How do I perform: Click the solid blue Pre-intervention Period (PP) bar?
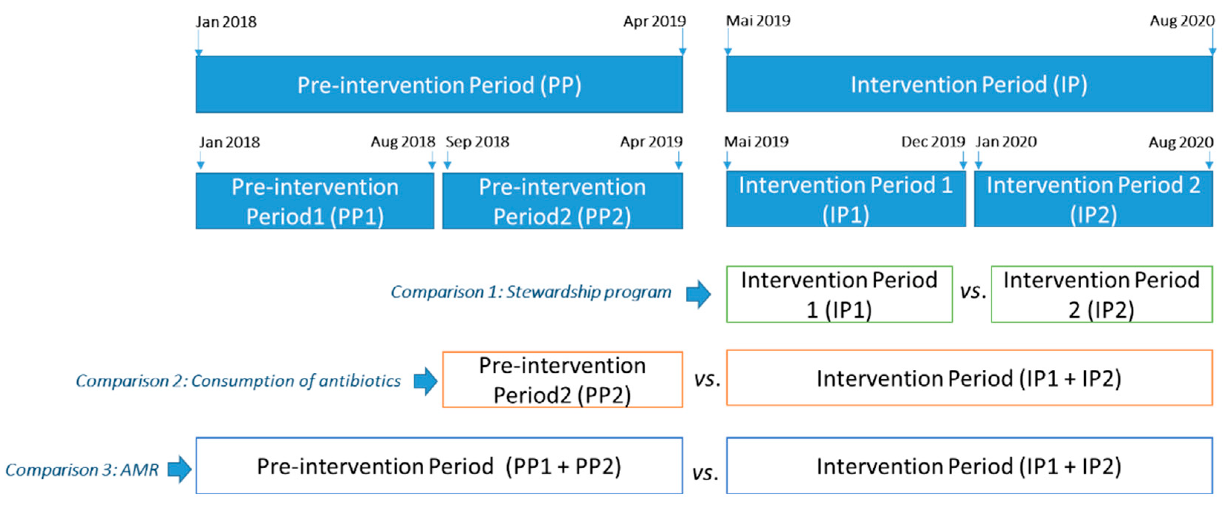(439, 84)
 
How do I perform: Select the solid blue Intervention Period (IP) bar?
(969, 84)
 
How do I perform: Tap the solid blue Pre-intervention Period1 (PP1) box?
(315, 201)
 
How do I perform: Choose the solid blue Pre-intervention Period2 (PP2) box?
(563, 201)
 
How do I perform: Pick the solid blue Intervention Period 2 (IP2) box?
(1093, 199)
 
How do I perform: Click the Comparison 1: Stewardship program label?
(531, 291)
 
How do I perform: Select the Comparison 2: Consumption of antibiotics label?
(238, 380)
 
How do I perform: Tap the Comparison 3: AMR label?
(82, 469)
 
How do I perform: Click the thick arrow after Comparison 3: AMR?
(179, 469)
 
